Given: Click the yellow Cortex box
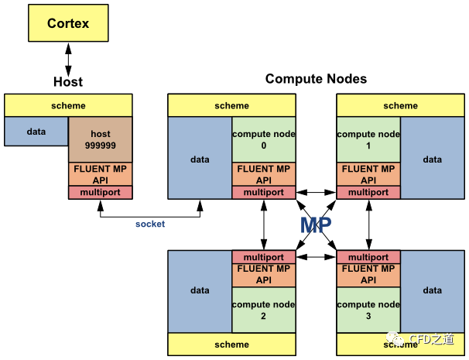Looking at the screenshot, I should click(68, 24).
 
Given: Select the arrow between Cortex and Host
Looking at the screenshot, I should click(68, 58).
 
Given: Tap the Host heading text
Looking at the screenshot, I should click(68, 81).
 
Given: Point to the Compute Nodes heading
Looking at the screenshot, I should click(316, 79).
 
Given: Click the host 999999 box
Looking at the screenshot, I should click(101, 139).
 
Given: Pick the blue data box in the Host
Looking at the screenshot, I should click(36, 132).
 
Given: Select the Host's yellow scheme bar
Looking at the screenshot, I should click(68, 105).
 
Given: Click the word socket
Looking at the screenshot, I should click(150, 224).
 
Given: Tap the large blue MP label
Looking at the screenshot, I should click(317, 225).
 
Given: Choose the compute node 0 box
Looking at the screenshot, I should click(263, 139).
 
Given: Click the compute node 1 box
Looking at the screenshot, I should click(368, 139).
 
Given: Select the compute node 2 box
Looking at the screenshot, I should click(263, 310).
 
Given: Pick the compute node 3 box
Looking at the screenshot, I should click(368, 310).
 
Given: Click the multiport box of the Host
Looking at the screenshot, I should click(101, 192).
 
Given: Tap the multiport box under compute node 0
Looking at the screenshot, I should click(263, 192).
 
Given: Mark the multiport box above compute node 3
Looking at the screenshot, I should click(368, 257).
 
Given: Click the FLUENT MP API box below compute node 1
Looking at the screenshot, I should click(368, 174).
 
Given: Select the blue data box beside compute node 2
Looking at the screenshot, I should click(200, 291).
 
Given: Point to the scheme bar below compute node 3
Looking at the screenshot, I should click(400, 345).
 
